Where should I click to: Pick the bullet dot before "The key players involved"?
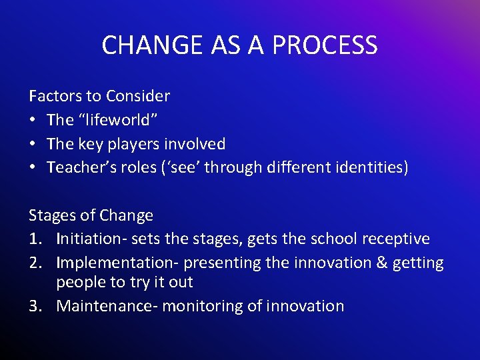click(33, 144)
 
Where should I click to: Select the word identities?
click(370, 168)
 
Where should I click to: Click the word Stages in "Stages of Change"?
click(49, 216)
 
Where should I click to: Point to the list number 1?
click(35, 239)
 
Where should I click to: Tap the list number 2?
click(35, 263)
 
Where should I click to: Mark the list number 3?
click(35, 307)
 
